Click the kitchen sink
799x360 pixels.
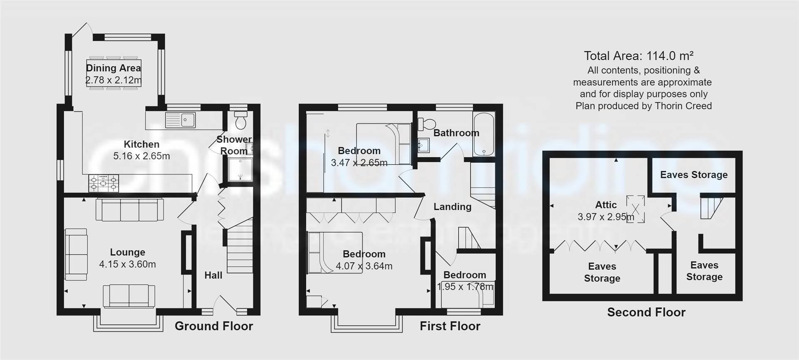[181, 120]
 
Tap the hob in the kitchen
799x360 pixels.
[103, 183]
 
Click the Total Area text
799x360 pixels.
[638, 56]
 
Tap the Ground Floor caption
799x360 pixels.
[213, 326]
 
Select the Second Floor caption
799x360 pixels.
[646, 312]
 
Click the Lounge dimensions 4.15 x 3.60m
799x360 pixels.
[127, 264]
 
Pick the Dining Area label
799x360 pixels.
[113, 68]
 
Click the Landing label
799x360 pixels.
[452, 206]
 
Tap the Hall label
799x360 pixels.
[213, 275]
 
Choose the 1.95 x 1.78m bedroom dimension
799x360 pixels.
[465, 287]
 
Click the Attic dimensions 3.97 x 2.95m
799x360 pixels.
[606, 217]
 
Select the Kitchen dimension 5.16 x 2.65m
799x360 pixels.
[141, 156]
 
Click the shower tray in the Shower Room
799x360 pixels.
[240, 169]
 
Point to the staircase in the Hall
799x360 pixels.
[240, 250]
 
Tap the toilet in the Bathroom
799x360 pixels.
[427, 124]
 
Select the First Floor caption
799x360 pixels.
[450, 326]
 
